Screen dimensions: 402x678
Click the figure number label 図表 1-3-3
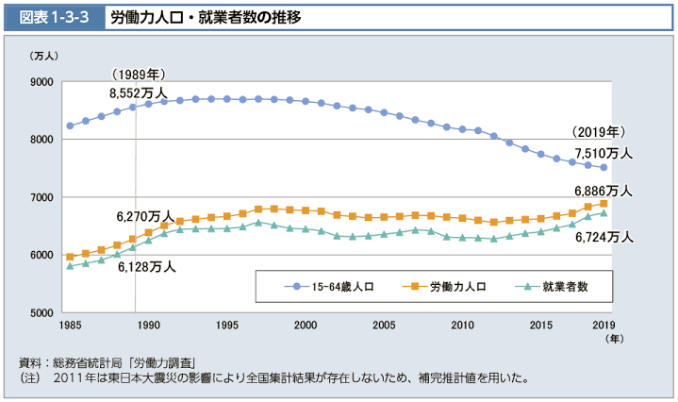point(52,18)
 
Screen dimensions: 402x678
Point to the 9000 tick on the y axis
point(41,82)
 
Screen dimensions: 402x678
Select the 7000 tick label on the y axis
point(41,197)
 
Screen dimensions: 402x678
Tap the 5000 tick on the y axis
point(41,312)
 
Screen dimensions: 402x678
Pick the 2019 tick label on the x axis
point(604,326)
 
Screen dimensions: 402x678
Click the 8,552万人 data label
point(139,92)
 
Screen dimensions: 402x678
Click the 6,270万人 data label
point(145,216)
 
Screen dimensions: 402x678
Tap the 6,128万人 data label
point(147,267)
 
